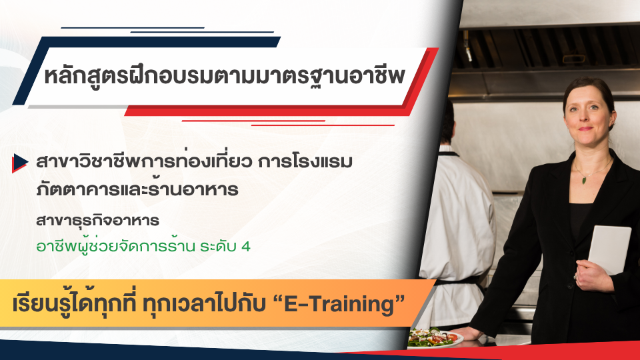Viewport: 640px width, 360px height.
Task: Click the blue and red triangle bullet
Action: point(20,162)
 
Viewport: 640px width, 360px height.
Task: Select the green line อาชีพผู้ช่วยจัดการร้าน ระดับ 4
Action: point(143,246)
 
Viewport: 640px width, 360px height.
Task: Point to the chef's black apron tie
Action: point(460,279)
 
